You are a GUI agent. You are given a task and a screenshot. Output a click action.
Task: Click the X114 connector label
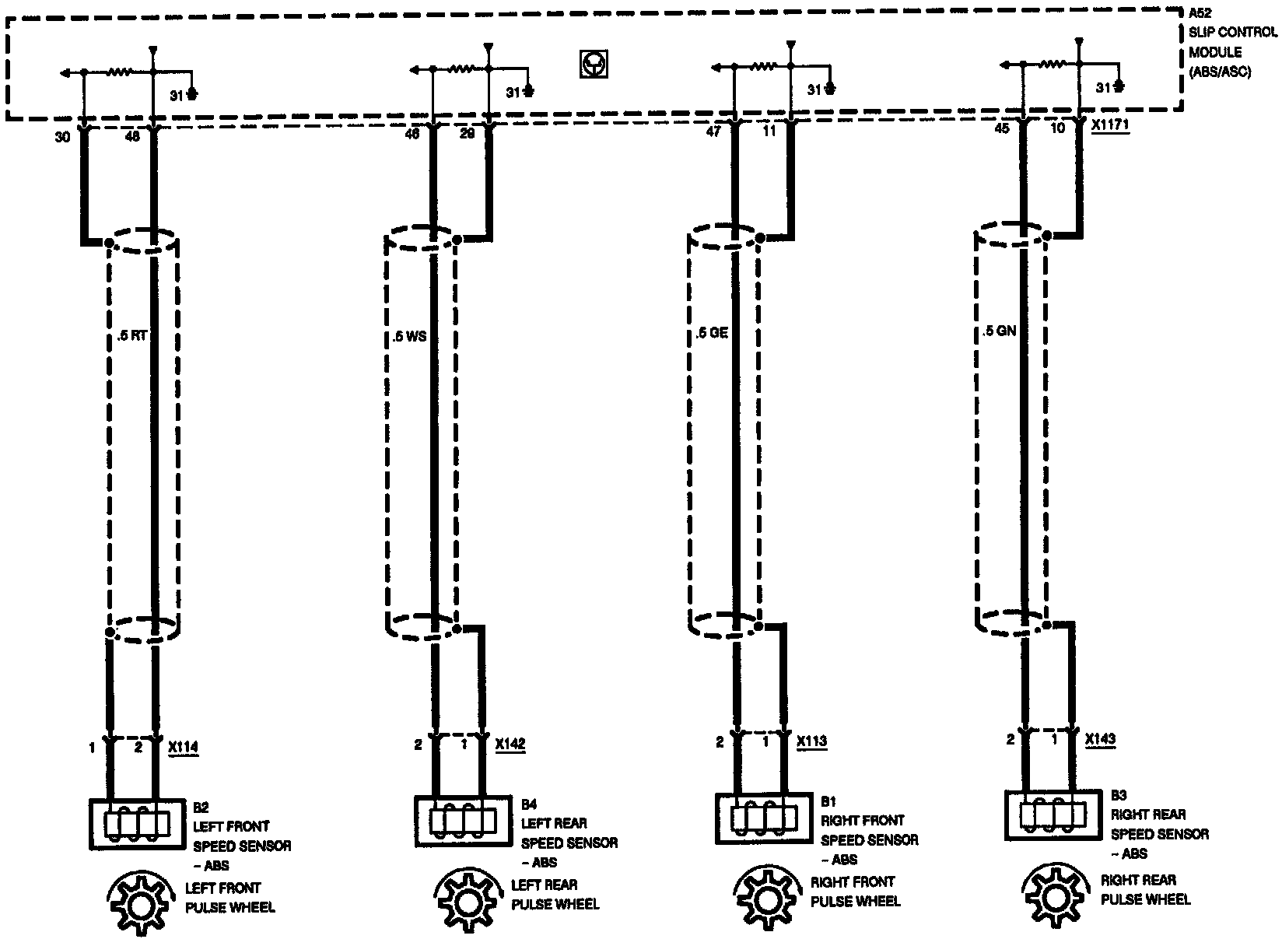[184, 748]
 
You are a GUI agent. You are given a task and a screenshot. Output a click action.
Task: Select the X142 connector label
[510, 745]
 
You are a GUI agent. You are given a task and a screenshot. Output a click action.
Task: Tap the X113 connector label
[812, 741]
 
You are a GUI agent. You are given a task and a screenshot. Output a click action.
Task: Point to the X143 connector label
[1101, 739]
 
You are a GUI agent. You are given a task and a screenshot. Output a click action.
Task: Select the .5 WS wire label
[409, 338]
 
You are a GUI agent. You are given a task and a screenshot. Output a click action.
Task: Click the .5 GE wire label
[711, 334]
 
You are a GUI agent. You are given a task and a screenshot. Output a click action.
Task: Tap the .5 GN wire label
[999, 331]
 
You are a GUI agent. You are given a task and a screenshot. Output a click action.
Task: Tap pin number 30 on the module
[63, 137]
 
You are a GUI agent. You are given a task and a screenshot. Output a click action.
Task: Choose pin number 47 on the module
[713, 131]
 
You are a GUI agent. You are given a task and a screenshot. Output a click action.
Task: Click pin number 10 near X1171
[1058, 128]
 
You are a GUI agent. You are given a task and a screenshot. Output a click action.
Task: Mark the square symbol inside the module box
[594, 65]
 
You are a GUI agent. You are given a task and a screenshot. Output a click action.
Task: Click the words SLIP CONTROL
[1232, 33]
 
